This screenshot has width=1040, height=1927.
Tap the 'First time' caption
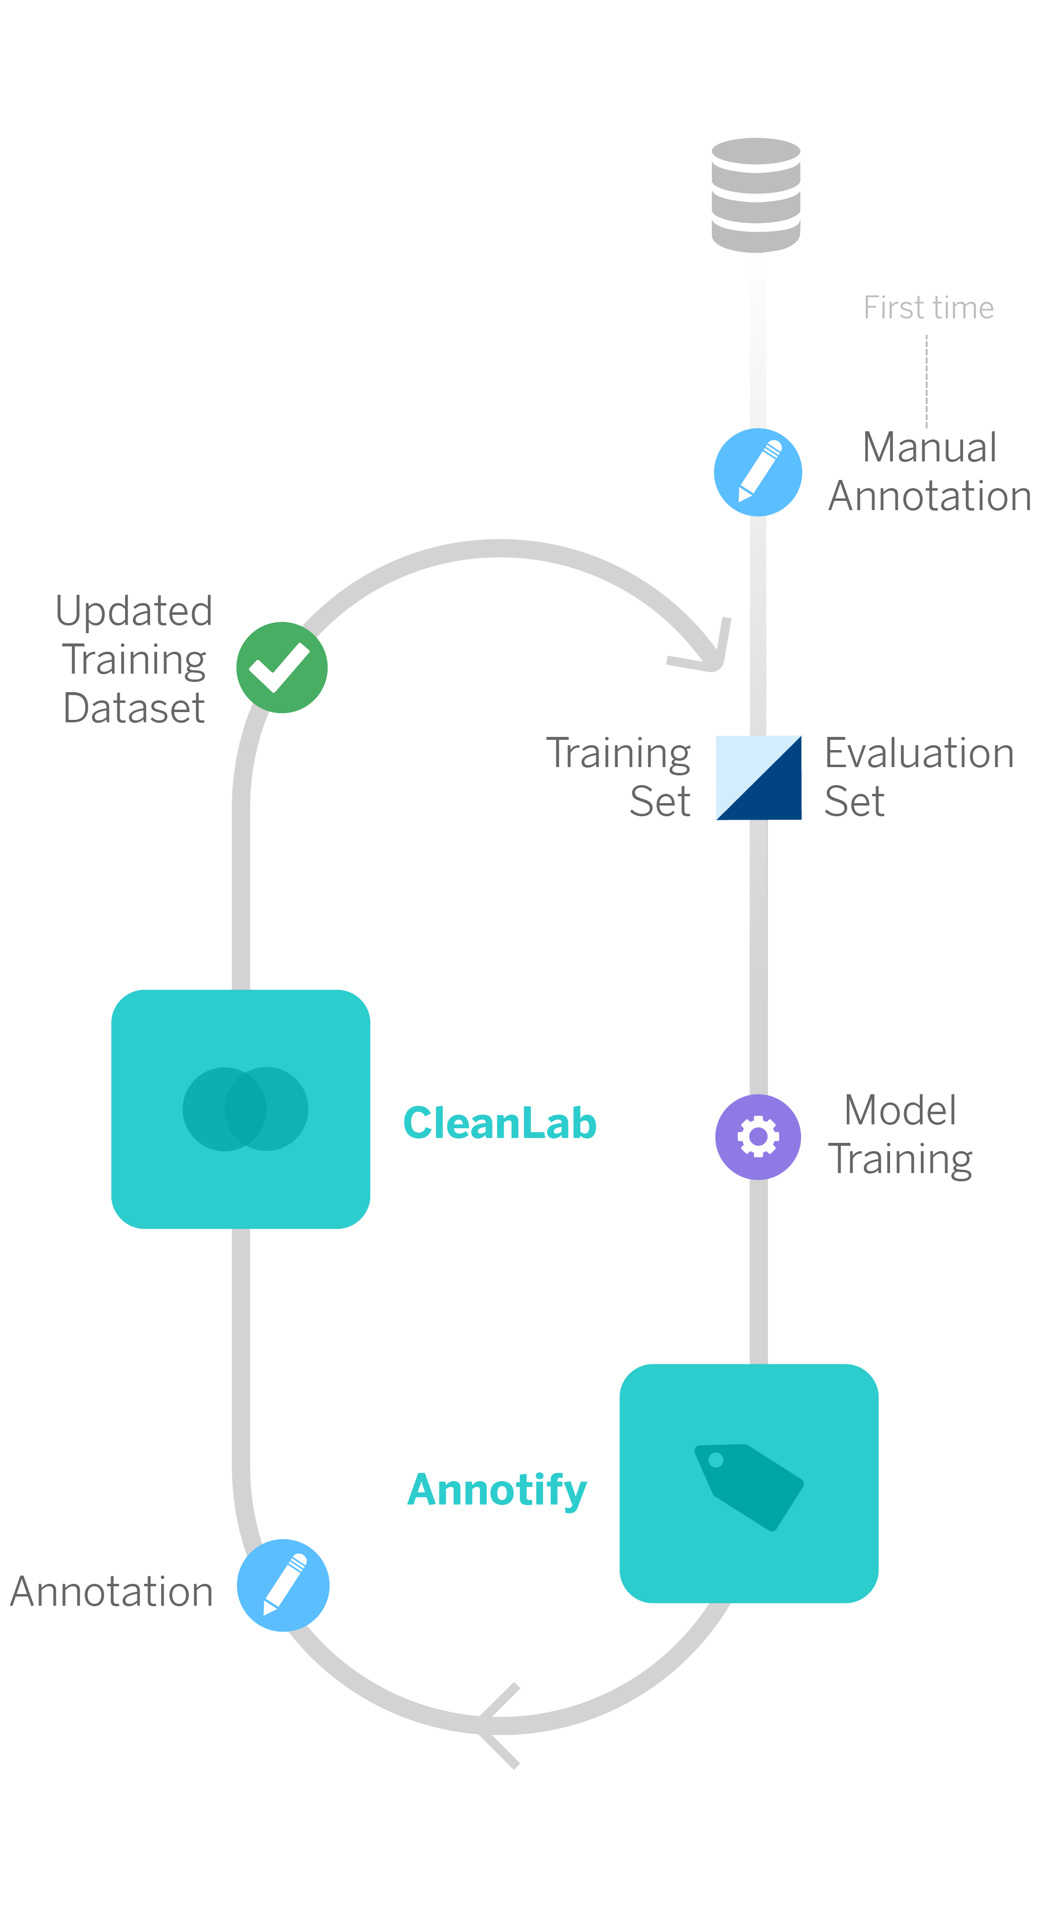[x=928, y=308]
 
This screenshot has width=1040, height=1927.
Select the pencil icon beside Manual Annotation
[x=757, y=472]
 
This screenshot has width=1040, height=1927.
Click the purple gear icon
[x=758, y=1137]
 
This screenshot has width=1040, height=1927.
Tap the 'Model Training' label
[x=900, y=1134]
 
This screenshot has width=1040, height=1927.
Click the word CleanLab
[x=500, y=1123]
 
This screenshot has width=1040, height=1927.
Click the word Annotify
[x=497, y=1489]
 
